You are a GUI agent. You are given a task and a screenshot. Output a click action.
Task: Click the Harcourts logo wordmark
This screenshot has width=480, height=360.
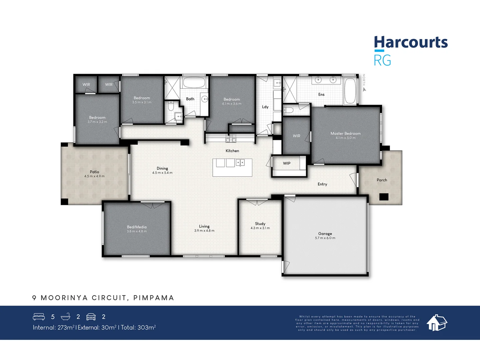click(x=411, y=43)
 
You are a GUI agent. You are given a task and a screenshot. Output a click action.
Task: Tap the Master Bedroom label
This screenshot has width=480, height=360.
click(x=345, y=133)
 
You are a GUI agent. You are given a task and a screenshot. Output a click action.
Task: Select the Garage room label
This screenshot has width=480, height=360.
click(x=325, y=234)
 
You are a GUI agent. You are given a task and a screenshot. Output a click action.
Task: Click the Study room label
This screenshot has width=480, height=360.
click(x=260, y=224)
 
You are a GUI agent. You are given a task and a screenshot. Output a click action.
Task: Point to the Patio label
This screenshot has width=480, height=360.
click(x=94, y=172)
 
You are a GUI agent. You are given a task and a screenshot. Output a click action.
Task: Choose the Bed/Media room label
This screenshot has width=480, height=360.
click(x=137, y=227)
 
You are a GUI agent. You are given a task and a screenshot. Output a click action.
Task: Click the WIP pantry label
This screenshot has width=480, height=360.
click(x=287, y=163)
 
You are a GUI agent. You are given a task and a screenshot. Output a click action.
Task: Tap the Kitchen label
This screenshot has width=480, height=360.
click(x=232, y=151)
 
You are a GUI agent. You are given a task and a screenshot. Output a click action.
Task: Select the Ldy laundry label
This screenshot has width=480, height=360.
click(x=265, y=107)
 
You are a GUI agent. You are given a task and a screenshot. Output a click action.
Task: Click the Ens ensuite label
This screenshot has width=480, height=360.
click(x=321, y=95)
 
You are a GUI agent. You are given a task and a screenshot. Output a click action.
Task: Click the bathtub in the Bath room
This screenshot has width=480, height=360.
click(x=194, y=83)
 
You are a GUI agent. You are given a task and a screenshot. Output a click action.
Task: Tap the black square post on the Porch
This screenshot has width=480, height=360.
click(x=384, y=197)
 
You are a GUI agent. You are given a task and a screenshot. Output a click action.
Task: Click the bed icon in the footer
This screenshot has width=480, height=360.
click(x=39, y=317)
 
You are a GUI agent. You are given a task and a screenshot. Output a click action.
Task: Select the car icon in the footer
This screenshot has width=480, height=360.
click(x=91, y=317)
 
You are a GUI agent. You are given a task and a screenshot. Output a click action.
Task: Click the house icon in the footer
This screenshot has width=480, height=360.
click(x=437, y=323)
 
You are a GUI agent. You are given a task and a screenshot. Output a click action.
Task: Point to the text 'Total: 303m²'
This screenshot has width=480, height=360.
click(x=138, y=328)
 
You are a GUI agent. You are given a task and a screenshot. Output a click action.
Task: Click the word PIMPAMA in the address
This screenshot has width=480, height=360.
click(x=154, y=298)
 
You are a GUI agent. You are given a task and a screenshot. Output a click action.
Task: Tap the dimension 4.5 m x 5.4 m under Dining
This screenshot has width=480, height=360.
click(x=162, y=173)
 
